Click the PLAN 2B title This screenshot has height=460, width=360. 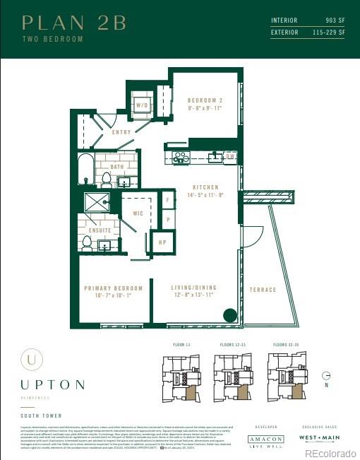(74, 23)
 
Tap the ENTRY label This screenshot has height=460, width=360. (121, 132)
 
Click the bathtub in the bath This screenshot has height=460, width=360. (85, 169)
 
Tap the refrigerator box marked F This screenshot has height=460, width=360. (167, 201)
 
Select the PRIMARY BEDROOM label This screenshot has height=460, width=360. (113, 288)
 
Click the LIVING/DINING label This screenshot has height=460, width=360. (193, 288)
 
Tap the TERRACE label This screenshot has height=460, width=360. (263, 290)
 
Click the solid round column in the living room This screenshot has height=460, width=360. (229, 317)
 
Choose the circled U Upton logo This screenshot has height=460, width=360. (30, 358)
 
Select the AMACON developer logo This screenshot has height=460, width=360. (266, 439)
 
